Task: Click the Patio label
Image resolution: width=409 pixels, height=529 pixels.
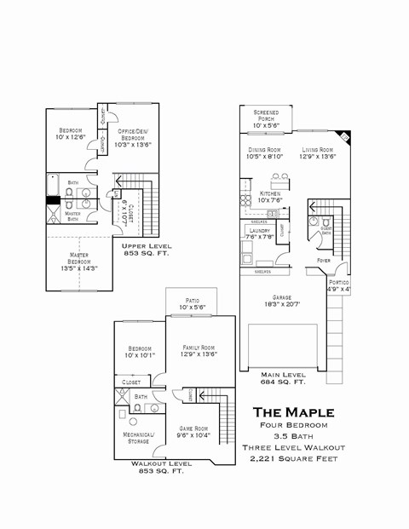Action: (x=193, y=302)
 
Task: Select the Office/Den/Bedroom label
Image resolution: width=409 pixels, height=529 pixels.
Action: (x=132, y=137)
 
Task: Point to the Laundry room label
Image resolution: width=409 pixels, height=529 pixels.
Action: (x=259, y=233)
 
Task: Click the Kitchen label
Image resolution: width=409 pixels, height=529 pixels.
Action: (x=270, y=197)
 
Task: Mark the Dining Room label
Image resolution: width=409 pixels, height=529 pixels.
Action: (x=264, y=152)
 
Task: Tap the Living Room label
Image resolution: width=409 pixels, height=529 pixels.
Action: (x=317, y=152)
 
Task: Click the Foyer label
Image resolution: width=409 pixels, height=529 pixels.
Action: (x=324, y=260)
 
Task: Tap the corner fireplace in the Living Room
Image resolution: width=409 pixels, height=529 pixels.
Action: (x=343, y=136)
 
